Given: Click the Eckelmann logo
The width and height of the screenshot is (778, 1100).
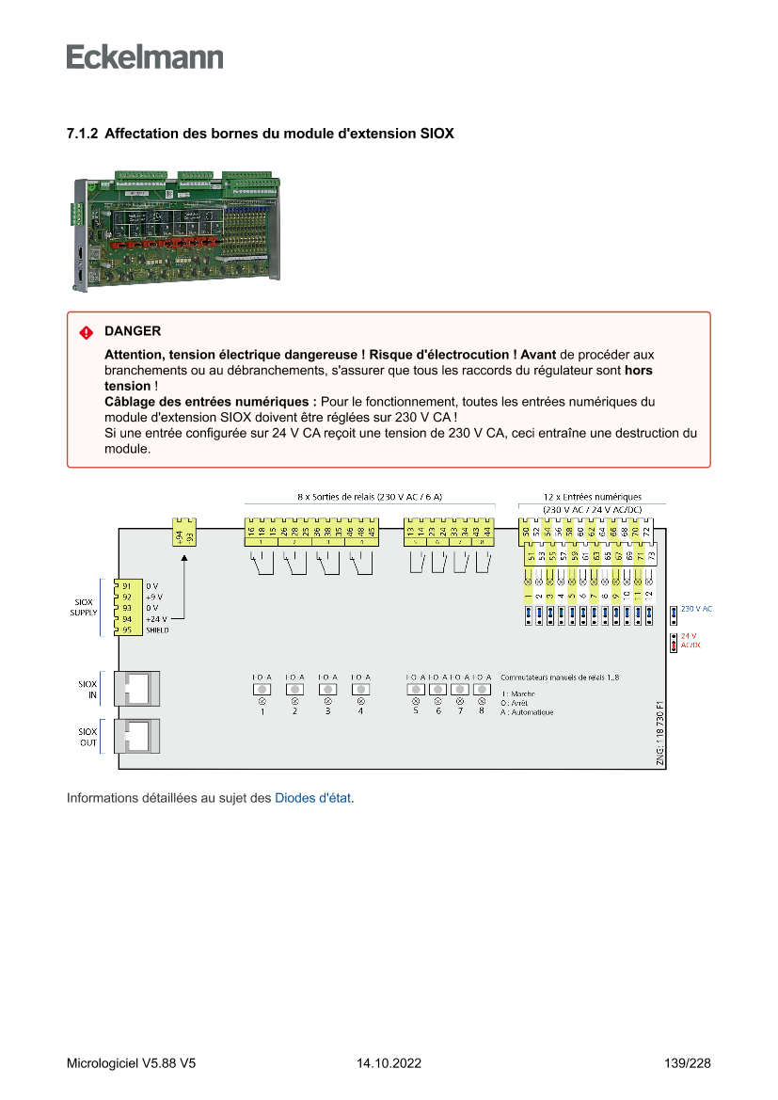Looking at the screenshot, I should click(x=145, y=56).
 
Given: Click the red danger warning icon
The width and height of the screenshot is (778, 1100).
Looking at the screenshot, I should click(x=86, y=332).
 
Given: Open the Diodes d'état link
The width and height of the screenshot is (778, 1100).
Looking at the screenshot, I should click(x=313, y=798).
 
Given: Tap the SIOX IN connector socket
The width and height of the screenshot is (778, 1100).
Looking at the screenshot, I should click(x=136, y=689).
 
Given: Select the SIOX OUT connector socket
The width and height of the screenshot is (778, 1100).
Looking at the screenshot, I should click(x=136, y=736).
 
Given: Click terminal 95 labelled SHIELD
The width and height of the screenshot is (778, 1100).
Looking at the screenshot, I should click(x=127, y=630).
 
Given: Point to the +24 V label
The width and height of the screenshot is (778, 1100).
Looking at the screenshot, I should click(x=156, y=619).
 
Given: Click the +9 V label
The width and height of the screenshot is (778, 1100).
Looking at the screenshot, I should click(x=154, y=597).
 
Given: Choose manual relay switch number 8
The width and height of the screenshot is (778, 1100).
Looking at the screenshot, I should click(x=482, y=690).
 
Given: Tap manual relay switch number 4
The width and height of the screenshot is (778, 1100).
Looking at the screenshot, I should click(x=360, y=690).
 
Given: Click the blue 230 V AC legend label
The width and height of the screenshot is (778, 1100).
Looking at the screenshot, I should click(x=696, y=609).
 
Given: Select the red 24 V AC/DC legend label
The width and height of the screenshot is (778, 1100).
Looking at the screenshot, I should click(x=691, y=641).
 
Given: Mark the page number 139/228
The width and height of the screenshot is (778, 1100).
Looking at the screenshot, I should click(x=686, y=1063).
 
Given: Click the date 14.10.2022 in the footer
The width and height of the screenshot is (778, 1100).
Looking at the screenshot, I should click(x=389, y=1063).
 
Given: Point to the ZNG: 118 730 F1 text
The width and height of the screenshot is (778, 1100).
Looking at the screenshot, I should click(x=660, y=732).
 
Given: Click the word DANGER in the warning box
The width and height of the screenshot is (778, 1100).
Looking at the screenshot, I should click(x=133, y=331).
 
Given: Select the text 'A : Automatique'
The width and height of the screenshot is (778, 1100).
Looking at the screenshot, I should click(x=527, y=712).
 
